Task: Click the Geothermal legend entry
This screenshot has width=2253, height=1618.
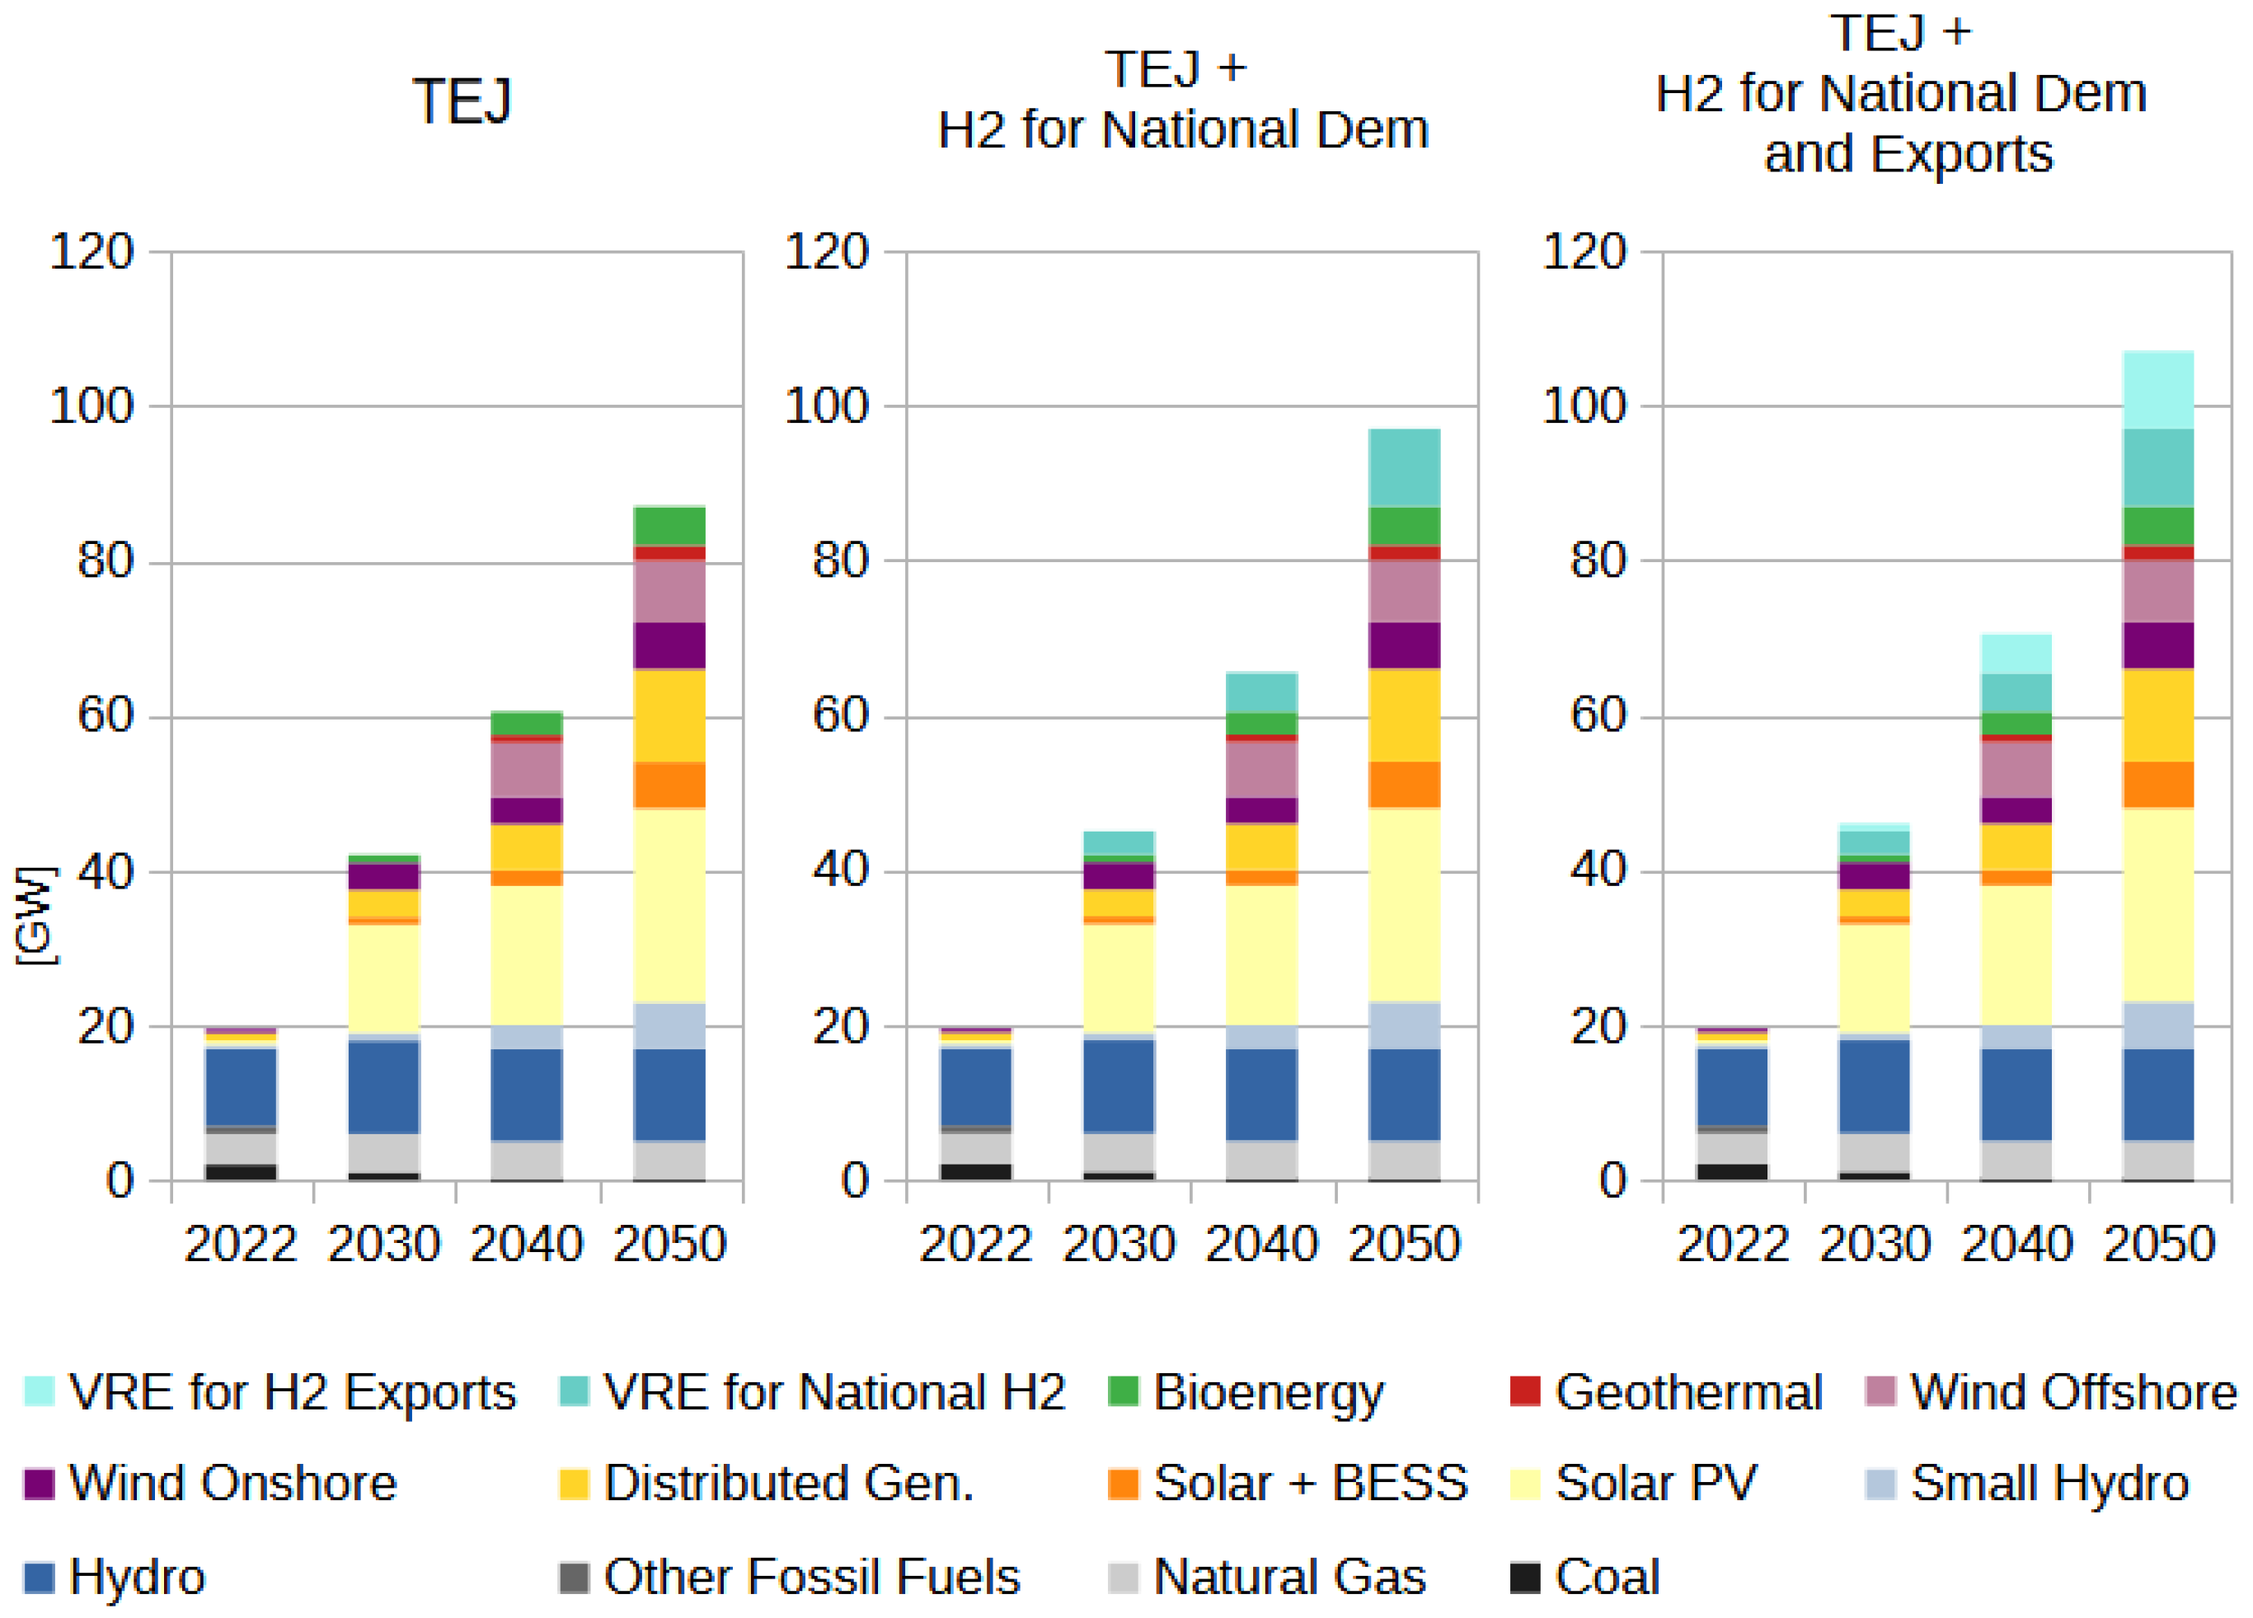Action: [x=1665, y=1391]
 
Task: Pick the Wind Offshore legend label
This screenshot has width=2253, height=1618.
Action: [x=2073, y=1391]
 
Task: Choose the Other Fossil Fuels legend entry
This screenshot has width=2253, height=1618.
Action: [x=790, y=1576]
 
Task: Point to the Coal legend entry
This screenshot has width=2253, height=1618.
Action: [x=1584, y=1576]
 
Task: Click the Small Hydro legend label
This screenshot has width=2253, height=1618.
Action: [x=2049, y=1483]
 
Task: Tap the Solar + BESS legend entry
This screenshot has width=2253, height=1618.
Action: [x=1288, y=1483]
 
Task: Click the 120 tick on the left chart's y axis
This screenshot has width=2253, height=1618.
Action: [x=92, y=251]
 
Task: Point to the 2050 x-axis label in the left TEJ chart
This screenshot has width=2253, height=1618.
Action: [x=669, y=1244]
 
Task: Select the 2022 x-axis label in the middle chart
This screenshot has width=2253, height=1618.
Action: [x=975, y=1244]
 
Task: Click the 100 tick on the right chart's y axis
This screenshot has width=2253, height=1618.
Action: [x=1584, y=406]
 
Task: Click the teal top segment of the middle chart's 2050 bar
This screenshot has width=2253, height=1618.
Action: [x=1404, y=468]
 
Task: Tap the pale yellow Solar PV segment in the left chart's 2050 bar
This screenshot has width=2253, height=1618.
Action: [x=669, y=906]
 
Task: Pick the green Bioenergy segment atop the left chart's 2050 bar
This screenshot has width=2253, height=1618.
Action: [x=669, y=527]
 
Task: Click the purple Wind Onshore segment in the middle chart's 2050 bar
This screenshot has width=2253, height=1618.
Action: [x=1404, y=645]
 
